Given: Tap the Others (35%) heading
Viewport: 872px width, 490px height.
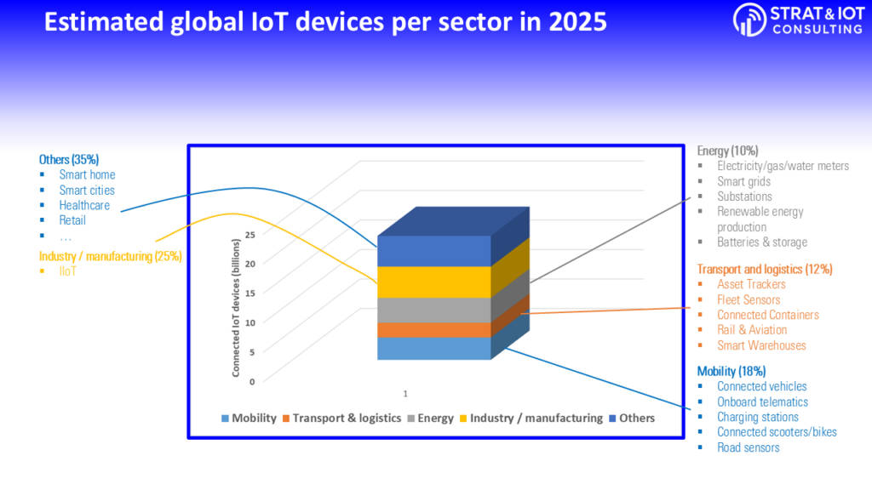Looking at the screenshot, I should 69,159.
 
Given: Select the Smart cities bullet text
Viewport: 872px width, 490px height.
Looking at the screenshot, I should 87,190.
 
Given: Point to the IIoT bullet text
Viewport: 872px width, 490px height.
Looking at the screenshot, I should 69,271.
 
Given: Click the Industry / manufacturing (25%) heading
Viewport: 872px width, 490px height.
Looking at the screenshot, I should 110,256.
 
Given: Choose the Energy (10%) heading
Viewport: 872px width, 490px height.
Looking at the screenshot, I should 727,151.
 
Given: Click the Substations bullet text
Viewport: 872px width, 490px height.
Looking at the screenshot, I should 744,197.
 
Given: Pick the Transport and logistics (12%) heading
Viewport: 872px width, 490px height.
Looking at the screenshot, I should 764,269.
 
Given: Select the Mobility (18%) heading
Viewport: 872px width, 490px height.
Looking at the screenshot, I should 731,371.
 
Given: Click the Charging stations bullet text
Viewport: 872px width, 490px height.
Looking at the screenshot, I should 758,417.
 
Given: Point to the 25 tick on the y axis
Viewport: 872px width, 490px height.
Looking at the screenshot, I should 250,235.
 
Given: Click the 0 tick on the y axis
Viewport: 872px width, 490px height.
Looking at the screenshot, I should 252,381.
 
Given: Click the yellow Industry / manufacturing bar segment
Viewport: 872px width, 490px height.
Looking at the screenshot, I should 433,282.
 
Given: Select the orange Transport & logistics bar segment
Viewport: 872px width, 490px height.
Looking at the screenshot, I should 433,330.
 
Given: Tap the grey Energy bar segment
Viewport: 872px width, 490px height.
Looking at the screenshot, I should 433,310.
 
